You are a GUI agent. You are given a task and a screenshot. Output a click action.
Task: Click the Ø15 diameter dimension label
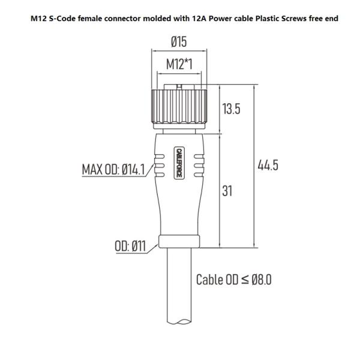click(x=179, y=42)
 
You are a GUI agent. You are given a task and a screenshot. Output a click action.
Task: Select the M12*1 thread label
click(x=179, y=64)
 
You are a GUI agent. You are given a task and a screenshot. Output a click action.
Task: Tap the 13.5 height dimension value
click(x=231, y=109)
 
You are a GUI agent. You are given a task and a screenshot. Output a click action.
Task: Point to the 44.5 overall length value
click(x=268, y=165)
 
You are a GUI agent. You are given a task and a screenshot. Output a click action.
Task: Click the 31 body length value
click(x=227, y=191)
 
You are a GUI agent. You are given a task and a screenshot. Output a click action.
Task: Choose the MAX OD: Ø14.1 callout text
click(x=113, y=170)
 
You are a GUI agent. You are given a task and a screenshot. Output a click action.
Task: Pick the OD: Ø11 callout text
click(x=130, y=246)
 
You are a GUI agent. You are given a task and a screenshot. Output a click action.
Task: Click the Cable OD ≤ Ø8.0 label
click(x=234, y=280)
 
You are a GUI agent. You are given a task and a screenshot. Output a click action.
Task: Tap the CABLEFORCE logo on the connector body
click(x=179, y=163)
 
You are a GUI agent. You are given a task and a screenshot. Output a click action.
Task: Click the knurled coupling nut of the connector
click(x=179, y=106)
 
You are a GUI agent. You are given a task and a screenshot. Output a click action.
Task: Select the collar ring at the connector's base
click(x=179, y=242)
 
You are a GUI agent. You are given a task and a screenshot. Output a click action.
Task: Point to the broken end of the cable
click(x=179, y=322)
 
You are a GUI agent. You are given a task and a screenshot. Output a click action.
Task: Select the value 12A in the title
click(x=199, y=19)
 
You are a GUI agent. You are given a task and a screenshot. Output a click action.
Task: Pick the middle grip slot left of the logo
click(x=160, y=166)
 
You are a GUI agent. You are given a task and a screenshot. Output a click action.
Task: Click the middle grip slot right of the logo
click(x=199, y=166)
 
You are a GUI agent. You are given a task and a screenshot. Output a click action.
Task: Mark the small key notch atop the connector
click(x=179, y=87)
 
